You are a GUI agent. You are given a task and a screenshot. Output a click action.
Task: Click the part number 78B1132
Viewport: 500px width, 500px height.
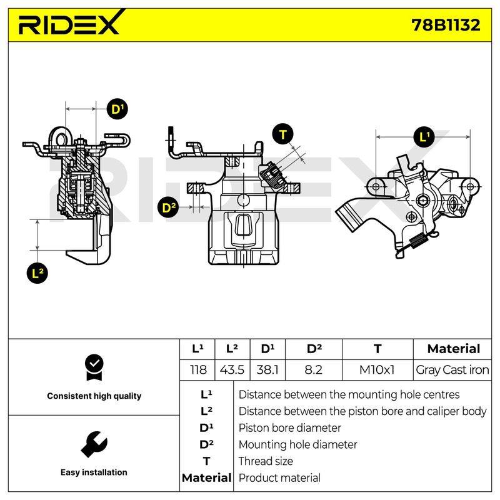click(x=446, y=25)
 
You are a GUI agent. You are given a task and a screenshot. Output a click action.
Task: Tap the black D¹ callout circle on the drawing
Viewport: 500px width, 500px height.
click(x=117, y=109)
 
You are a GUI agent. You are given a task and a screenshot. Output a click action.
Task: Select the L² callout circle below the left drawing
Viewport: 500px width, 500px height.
click(x=37, y=273)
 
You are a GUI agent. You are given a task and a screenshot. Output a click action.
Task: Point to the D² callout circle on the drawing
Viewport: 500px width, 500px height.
click(x=168, y=207)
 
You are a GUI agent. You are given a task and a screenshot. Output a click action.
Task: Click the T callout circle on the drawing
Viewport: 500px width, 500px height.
click(x=283, y=134)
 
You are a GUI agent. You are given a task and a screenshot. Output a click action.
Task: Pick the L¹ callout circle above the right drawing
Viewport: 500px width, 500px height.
click(x=424, y=137)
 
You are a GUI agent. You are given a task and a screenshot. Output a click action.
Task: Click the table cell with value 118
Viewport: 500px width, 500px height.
click(x=198, y=370)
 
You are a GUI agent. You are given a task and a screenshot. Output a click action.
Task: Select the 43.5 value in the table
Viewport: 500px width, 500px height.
click(x=232, y=370)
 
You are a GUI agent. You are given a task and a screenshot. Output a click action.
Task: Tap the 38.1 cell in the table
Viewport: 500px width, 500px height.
click(x=267, y=370)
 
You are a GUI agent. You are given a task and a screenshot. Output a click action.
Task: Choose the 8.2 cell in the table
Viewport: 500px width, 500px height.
click(x=314, y=370)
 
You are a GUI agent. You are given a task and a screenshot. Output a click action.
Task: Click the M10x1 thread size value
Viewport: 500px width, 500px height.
click(x=377, y=370)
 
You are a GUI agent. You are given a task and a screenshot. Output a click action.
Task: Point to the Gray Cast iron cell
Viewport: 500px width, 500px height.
click(x=452, y=370)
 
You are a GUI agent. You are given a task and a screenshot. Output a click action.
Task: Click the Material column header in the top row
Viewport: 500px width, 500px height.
click(x=454, y=349)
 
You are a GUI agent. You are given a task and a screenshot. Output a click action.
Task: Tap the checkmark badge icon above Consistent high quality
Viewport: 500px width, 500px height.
click(x=94, y=367)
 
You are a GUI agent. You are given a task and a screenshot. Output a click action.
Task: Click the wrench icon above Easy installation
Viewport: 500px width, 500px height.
click(x=94, y=444)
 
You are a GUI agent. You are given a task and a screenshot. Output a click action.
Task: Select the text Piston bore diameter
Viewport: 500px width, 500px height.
click(x=289, y=428)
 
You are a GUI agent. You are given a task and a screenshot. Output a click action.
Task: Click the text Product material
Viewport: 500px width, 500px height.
click(x=279, y=478)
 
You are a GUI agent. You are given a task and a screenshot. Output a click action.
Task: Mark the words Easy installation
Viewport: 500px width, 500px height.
click(x=94, y=472)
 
